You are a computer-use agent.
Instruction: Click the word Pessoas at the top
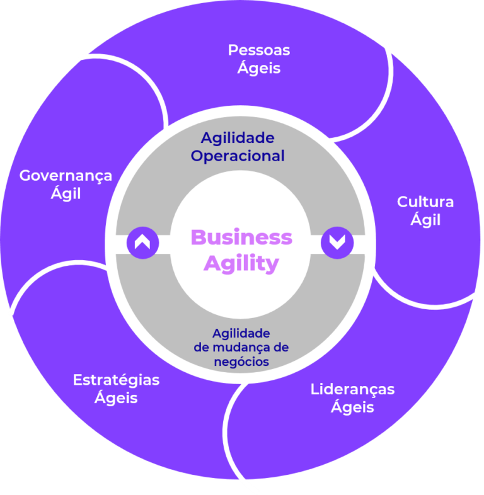(259, 50)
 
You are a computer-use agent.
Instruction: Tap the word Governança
(66, 175)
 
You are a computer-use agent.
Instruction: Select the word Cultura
(425, 202)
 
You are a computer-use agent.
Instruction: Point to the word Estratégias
(116, 380)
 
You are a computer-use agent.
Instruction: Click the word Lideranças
(352, 389)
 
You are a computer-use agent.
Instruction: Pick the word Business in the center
(241, 237)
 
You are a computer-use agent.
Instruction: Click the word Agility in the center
(241, 263)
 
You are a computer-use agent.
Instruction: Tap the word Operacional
(238, 156)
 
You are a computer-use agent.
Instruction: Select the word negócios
(241, 361)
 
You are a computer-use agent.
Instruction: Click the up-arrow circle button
(142, 242)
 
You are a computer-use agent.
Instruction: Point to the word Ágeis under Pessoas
(259, 67)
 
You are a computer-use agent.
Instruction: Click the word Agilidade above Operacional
(238, 137)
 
